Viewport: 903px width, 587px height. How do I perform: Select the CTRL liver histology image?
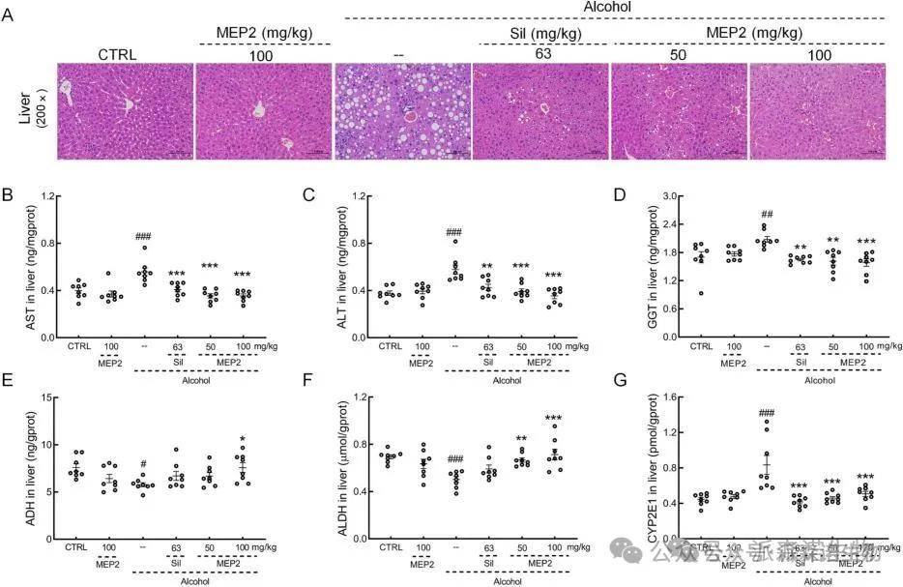pos(126,111)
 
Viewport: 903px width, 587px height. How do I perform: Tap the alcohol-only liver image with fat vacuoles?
pos(401,111)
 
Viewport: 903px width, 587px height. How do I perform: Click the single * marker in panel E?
pos(243,437)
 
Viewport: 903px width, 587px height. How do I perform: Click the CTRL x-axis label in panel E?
pos(76,548)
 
